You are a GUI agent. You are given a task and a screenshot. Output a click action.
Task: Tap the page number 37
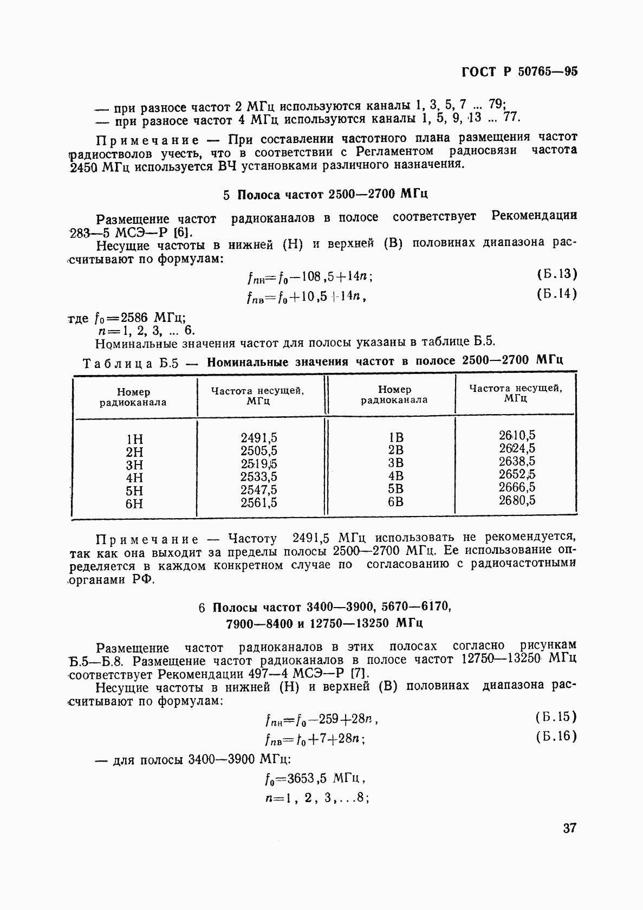click(x=569, y=829)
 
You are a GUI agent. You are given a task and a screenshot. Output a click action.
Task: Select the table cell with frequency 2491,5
click(x=258, y=438)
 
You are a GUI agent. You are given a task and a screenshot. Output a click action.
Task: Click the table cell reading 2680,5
click(x=517, y=500)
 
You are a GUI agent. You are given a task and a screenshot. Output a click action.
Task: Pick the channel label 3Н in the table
click(x=134, y=465)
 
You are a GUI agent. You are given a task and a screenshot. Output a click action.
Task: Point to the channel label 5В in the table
click(x=395, y=489)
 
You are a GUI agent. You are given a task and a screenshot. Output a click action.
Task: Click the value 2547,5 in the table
click(x=258, y=490)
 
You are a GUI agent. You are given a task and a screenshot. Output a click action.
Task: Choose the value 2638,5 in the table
click(x=517, y=461)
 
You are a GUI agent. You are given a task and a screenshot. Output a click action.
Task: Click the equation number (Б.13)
click(x=557, y=274)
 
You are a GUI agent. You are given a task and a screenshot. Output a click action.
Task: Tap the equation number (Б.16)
click(x=556, y=737)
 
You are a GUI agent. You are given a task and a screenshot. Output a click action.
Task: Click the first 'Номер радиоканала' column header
click(x=133, y=397)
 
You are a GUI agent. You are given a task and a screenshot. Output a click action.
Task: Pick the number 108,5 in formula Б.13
click(x=319, y=277)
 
